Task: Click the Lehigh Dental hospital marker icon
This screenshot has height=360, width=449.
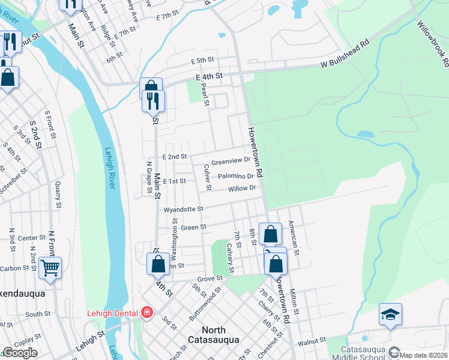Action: click(x=146, y=312)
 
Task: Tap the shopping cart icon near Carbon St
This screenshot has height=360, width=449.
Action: click(x=50, y=268)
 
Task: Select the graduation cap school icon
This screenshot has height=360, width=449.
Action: click(x=390, y=314)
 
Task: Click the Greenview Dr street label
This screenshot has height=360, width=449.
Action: click(x=231, y=160)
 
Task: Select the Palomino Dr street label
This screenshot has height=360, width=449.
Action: click(x=235, y=176)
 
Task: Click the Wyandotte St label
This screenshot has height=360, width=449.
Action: click(x=184, y=209)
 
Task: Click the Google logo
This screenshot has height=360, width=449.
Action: click(x=20, y=353)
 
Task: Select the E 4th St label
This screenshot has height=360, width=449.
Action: click(x=208, y=76)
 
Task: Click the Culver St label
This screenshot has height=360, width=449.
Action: click(x=207, y=178)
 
